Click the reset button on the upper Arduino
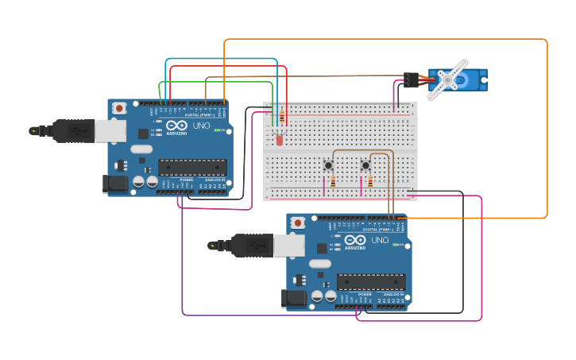click(119, 107)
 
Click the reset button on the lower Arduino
click(298, 223)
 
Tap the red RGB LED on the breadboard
click(279, 140)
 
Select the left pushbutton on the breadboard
click(328, 165)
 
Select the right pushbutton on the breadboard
click(365, 165)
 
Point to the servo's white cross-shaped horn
click(448, 80)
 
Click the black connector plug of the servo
click(410, 79)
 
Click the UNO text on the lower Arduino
click(379, 239)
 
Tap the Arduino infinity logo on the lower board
click(355, 240)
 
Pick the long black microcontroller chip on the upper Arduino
click(192, 166)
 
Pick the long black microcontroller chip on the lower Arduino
click(371, 281)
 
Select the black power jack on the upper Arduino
click(115, 184)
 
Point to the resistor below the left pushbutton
click(333, 182)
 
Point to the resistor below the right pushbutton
click(370, 182)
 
